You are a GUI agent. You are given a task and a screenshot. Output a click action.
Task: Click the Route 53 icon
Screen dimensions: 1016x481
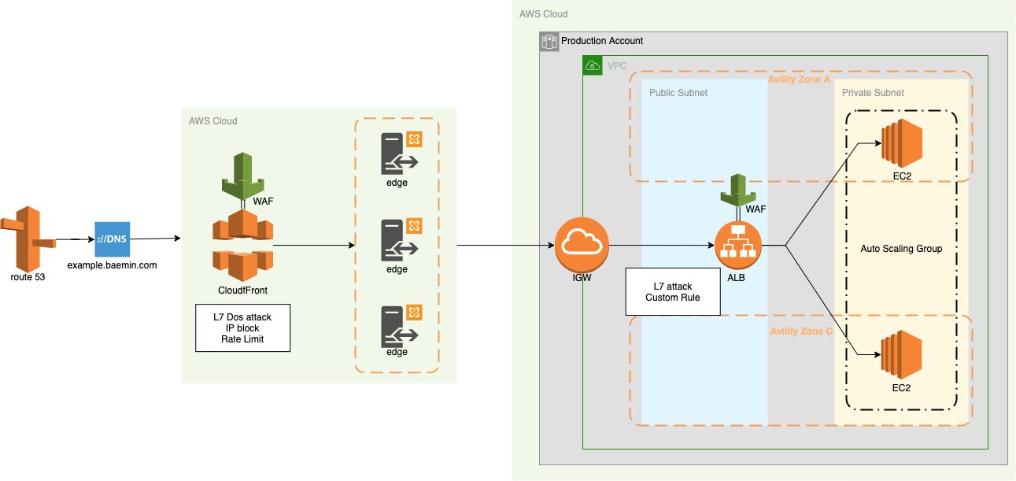pyautogui.click(x=28, y=239)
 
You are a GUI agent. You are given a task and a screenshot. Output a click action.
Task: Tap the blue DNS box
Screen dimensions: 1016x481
pyautogui.click(x=112, y=239)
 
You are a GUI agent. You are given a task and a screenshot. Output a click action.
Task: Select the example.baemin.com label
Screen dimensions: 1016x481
pyautogui.click(x=112, y=265)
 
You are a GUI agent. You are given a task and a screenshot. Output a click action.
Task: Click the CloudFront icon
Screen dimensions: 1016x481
pyautogui.click(x=242, y=246)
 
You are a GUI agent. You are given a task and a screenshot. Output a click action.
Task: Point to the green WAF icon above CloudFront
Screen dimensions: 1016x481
pyautogui.click(x=242, y=176)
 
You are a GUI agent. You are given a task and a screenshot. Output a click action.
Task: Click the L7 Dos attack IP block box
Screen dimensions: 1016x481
pyautogui.click(x=242, y=327)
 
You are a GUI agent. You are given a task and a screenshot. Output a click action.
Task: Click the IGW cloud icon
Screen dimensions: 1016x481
pyautogui.click(x=582, y=245)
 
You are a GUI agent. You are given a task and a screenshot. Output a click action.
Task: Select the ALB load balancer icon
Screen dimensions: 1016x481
pyautogui.click(x=738, y=246)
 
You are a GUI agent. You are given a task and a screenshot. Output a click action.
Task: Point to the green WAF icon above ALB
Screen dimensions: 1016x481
pyautogui.click(x=738, y=191)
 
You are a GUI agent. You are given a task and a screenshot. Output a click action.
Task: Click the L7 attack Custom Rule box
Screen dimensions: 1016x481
pyautogui.click(x=673, y=291)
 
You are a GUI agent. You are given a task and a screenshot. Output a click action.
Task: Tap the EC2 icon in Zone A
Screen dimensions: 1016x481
pyautogui.click(x=902, y=143)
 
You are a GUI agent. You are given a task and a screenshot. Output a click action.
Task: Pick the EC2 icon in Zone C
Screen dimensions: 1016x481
pyautogui.click(x=901, y=355)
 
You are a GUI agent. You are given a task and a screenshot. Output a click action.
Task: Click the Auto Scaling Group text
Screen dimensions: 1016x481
pyautogui.click(x=901, y=249)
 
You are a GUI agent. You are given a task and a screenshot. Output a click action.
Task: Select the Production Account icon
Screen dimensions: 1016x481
pyautogui.click(x=549, y=42)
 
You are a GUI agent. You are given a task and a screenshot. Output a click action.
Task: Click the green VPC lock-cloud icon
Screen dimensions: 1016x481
pyautogui.click(x=593, y=65)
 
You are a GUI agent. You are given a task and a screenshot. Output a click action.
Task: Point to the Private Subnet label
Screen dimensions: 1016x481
pyautogui.click(x=873, y=93)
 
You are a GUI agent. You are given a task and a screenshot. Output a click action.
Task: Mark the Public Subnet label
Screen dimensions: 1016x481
pyautogui.click(x=678, y=93)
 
